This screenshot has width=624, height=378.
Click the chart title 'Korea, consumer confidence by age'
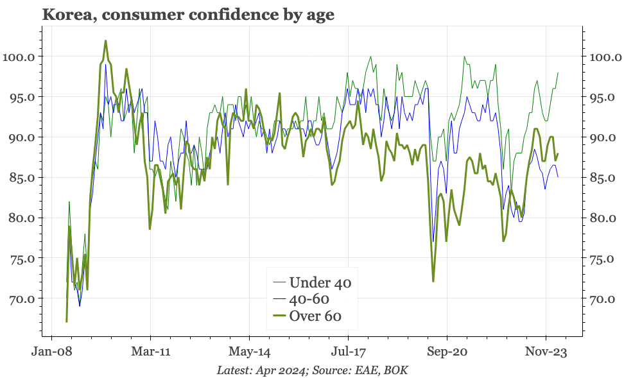click(x=188, y=15)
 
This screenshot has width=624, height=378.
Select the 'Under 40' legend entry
click(x=320, y=282)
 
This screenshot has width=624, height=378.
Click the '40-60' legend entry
click(x=310, y=299)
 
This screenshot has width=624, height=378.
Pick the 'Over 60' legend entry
click(x=315, y=316)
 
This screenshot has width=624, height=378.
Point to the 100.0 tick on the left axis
click(x=19, y=56)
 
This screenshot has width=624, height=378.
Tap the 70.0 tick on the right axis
click(x=603, y=299)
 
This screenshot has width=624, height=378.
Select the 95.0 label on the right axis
click(x=603, y=97)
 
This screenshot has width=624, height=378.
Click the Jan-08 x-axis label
click(x=51, y=352)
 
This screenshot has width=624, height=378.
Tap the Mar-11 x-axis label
click(x=150, y=352)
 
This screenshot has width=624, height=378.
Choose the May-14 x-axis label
click(x=249, y=352)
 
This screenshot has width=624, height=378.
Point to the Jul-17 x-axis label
click(x=348, y=352)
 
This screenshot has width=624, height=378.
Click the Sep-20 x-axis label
click(x=447, y=352)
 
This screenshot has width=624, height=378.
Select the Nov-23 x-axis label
click(x=546, y=352)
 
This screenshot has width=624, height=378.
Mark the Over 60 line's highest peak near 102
click(x=105, y=40)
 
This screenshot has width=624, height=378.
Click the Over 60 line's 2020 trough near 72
click(x=433, y=282)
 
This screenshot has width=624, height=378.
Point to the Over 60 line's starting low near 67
click(x=67, y=322)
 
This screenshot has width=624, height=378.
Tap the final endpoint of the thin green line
click(x=558, y=73)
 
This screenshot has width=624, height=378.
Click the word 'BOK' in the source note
click(x=396, y=370)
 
